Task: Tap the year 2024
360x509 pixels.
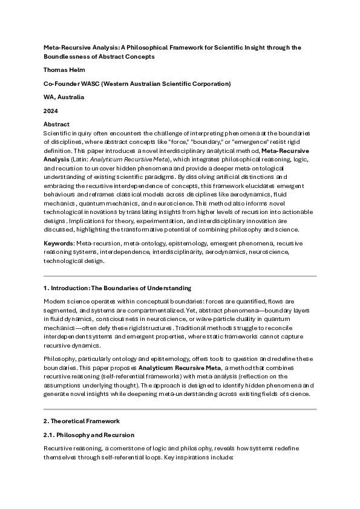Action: point(50,111)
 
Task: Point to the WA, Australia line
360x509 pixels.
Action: point(64,97)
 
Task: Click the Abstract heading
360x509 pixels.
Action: point(56,124)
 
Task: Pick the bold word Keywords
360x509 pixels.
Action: point(59,242)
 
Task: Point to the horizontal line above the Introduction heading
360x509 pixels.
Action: point(180,276)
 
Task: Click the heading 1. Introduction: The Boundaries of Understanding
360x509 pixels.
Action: point(117,288)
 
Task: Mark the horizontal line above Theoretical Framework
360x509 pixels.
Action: point(180,409)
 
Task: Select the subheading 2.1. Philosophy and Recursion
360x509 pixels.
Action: point(88,435)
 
